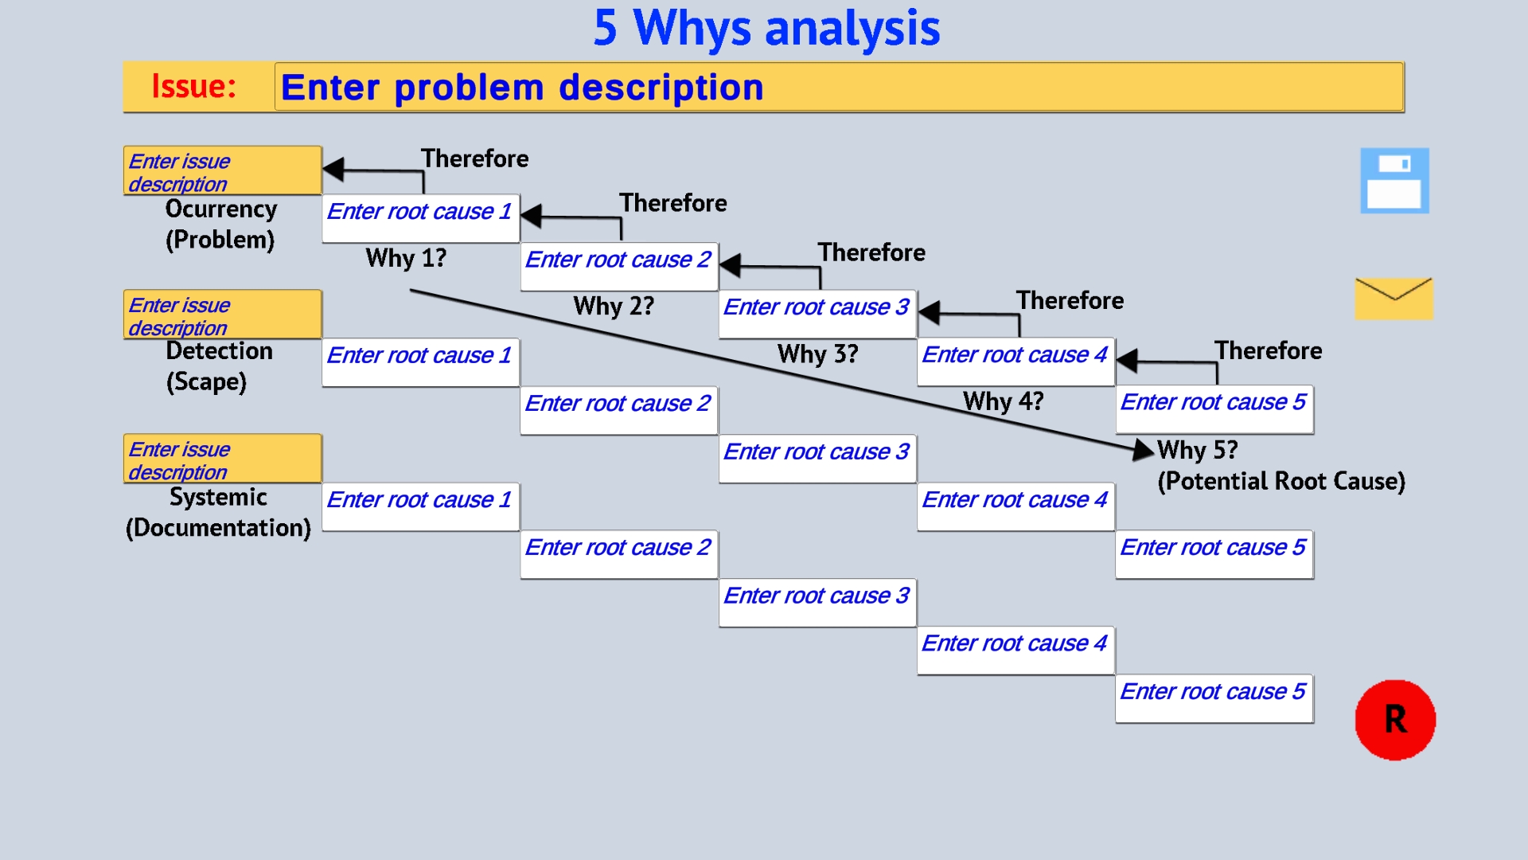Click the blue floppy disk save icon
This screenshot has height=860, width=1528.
pos(1394,181)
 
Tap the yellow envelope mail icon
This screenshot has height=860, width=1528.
pos(1394,299)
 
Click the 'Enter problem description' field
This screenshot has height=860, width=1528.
pos(838,87)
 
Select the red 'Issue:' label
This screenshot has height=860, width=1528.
pos(194,86)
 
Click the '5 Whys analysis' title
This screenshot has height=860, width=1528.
pos(766,29)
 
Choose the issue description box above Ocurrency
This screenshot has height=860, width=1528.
pos(222,171)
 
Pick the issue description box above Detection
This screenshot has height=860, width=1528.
pos(222,315)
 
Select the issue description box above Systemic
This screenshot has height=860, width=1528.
pos(222,459)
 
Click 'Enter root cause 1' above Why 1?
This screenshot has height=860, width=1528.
pos(420,218)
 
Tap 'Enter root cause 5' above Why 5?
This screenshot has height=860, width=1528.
pos(1214,409)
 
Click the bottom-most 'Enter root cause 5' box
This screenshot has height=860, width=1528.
pos(1214,698)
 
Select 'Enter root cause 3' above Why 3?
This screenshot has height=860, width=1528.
pos(817,314)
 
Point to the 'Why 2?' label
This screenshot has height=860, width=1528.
pos(614,307)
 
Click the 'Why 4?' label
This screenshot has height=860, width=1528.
pos(1003,401)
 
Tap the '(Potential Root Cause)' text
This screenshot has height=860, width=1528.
pos(1281,481)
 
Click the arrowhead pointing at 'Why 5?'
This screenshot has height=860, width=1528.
pos(1143,450)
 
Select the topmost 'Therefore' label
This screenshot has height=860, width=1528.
pos(475,158)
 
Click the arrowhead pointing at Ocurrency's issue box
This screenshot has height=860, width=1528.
pos(334,169)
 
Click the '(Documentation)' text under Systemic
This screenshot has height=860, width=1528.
pos(218,528)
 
